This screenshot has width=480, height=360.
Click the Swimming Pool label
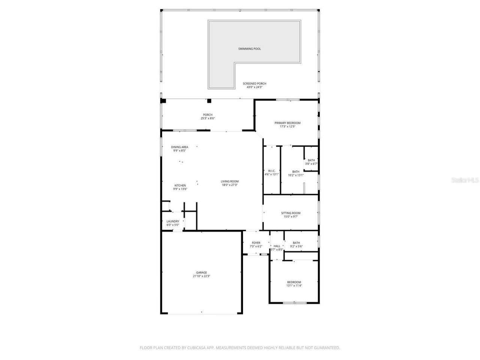tap(249, 49)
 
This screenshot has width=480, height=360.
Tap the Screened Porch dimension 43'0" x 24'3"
tap(254, 87)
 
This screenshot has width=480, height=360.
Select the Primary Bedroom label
tap(287, 123)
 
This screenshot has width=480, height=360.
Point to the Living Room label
tap(229, 181)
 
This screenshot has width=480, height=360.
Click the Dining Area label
tap(180, 147)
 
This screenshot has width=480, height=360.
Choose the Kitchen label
tap(180, 186)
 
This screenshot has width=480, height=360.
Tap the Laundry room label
tap(173, 221)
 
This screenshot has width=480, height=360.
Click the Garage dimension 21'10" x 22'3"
tap(201, 276)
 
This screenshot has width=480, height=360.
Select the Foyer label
tap(256, 243)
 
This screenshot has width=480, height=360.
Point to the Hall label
tap(277, 246)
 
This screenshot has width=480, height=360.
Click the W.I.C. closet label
tap(272, 171)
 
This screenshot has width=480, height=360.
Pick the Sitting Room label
tap(291, 213)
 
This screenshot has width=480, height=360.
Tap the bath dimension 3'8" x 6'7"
tap(311, 164)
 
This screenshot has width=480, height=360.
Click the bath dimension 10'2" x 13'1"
tap(296, 175)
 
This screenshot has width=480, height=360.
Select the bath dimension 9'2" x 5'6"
tap(296, 246)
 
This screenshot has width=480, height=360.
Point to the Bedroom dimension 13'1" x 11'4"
tap(294, 286)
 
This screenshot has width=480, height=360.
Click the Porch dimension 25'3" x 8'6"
tap(208, 118)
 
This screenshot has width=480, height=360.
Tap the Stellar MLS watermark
tap(465, 180)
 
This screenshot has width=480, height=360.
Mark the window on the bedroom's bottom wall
tap(294, 303)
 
